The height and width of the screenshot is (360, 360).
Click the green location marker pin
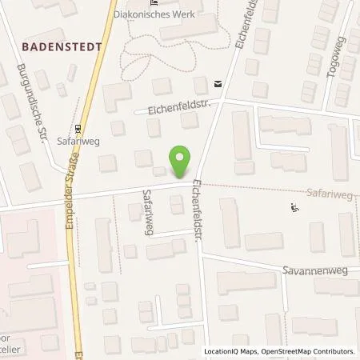[182, 160]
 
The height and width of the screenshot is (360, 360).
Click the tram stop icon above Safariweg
[78, 128]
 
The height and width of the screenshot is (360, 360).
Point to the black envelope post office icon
[217, 82]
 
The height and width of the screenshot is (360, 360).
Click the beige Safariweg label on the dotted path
[328, 194]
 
